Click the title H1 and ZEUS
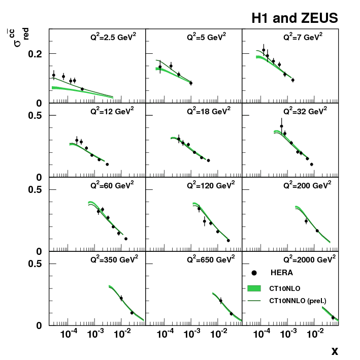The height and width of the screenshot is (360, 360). (294, 19)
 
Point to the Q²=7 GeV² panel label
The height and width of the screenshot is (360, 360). (303, 38)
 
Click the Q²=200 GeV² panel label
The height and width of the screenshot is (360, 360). (306, 185)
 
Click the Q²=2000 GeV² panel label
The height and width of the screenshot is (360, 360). (308, 259)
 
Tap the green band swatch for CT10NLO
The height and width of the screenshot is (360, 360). (254, 288)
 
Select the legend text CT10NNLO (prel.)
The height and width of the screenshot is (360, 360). (298, 301)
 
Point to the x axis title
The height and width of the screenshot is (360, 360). (335, 350)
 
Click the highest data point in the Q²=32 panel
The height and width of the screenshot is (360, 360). (281, 126)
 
